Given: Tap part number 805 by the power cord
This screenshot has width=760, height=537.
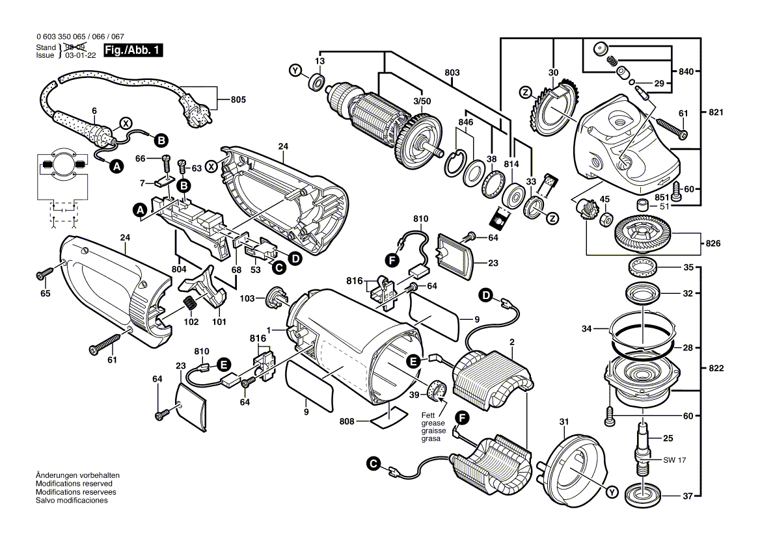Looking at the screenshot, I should click(238, 99).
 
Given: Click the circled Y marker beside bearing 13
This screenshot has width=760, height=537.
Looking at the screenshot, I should click(295, 70).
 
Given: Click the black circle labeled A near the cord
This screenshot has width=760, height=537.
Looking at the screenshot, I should click(116, 167).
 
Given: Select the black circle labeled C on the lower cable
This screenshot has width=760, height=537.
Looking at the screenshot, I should click(372, 464).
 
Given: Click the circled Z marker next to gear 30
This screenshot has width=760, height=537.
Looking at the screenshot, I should click(524, 92).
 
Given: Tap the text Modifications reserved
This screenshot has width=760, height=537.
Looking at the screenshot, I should click(74, 484).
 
